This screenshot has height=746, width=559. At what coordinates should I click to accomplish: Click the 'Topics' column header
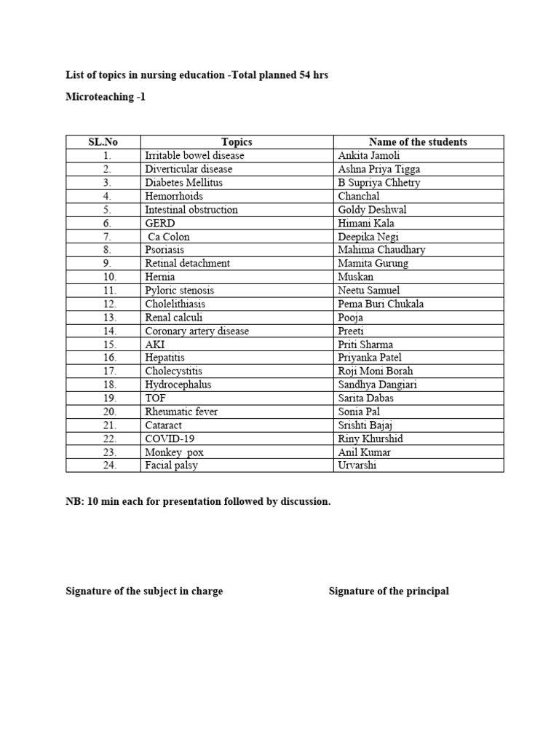(237, 142)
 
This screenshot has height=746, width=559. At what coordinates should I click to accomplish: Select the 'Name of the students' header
(418, 142)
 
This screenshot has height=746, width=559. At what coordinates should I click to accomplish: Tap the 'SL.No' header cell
(103, 142)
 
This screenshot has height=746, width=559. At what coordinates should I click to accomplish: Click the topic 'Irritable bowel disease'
(194, 156)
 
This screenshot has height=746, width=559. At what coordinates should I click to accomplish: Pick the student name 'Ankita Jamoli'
(369, 156)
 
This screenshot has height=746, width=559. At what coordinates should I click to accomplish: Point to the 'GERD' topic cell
(160, 223)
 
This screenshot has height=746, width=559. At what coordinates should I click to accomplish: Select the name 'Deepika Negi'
(368, 237)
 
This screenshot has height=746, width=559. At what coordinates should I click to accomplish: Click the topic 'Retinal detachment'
(187, 263)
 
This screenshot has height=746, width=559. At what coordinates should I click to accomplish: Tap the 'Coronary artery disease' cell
(197, 331)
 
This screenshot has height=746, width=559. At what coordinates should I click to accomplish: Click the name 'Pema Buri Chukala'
(381, 304)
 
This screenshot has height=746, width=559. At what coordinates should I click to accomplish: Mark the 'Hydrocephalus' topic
(178, 385)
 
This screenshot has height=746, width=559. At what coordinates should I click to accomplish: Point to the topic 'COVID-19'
(170, 439)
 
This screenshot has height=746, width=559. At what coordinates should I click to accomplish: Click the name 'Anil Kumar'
(364, 452)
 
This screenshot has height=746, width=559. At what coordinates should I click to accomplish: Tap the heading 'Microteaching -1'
(106, 96)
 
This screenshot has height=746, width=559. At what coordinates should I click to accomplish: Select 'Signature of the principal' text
(389, 591)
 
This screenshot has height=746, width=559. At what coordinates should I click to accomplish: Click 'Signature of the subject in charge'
(144, 591)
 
